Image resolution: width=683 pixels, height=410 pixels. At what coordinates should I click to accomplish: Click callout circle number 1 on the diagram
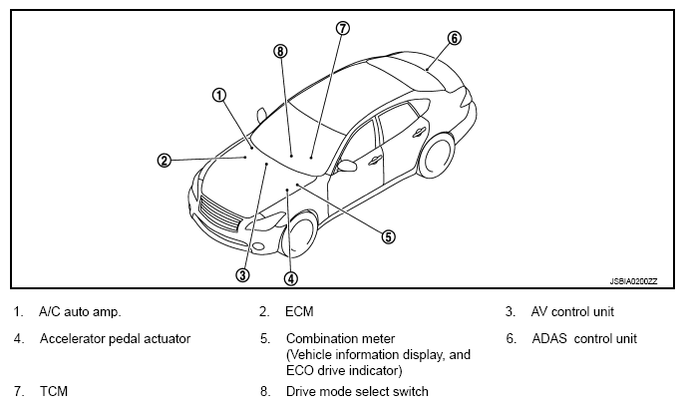click(x=218, y=96)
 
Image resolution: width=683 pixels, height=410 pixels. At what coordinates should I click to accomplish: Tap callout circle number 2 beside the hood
click(x=165, y=160)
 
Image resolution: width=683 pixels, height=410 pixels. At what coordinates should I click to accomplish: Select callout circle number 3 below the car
click(x=242, y=274)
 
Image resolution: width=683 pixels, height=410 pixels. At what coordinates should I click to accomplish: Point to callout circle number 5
click(x=388, y=236)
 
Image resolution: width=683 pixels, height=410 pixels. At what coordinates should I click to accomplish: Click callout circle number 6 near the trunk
click(x=454, y=39)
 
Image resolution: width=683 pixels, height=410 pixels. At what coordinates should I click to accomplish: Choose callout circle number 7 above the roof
click(x=342, y=28)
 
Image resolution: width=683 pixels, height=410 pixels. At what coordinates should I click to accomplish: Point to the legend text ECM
click(x=299, y=312)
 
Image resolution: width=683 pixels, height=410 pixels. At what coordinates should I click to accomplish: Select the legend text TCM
click(x=53, y=391)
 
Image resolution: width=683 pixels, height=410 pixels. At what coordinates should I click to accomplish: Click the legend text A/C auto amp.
click(x=81, y=312)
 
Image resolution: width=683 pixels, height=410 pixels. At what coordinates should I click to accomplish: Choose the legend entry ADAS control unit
click(x=584, y=338)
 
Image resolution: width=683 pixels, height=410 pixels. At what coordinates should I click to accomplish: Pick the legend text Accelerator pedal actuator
click(x=115, y=338)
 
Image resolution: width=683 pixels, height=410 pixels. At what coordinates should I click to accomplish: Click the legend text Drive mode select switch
click(x=357, y=391)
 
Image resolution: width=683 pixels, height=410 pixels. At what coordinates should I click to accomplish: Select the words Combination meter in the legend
click(x=340, y=338)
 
